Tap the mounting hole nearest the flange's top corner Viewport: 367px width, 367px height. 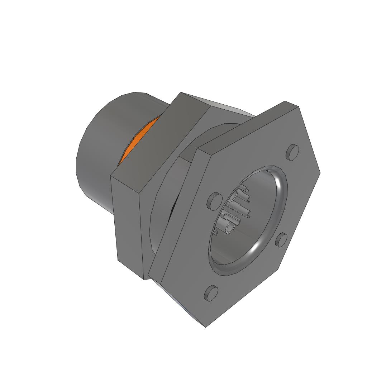point(292,152)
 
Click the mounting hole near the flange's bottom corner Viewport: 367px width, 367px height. point(211,293)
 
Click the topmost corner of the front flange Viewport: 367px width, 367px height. point(285,101)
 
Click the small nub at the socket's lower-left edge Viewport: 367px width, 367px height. point(215,233)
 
